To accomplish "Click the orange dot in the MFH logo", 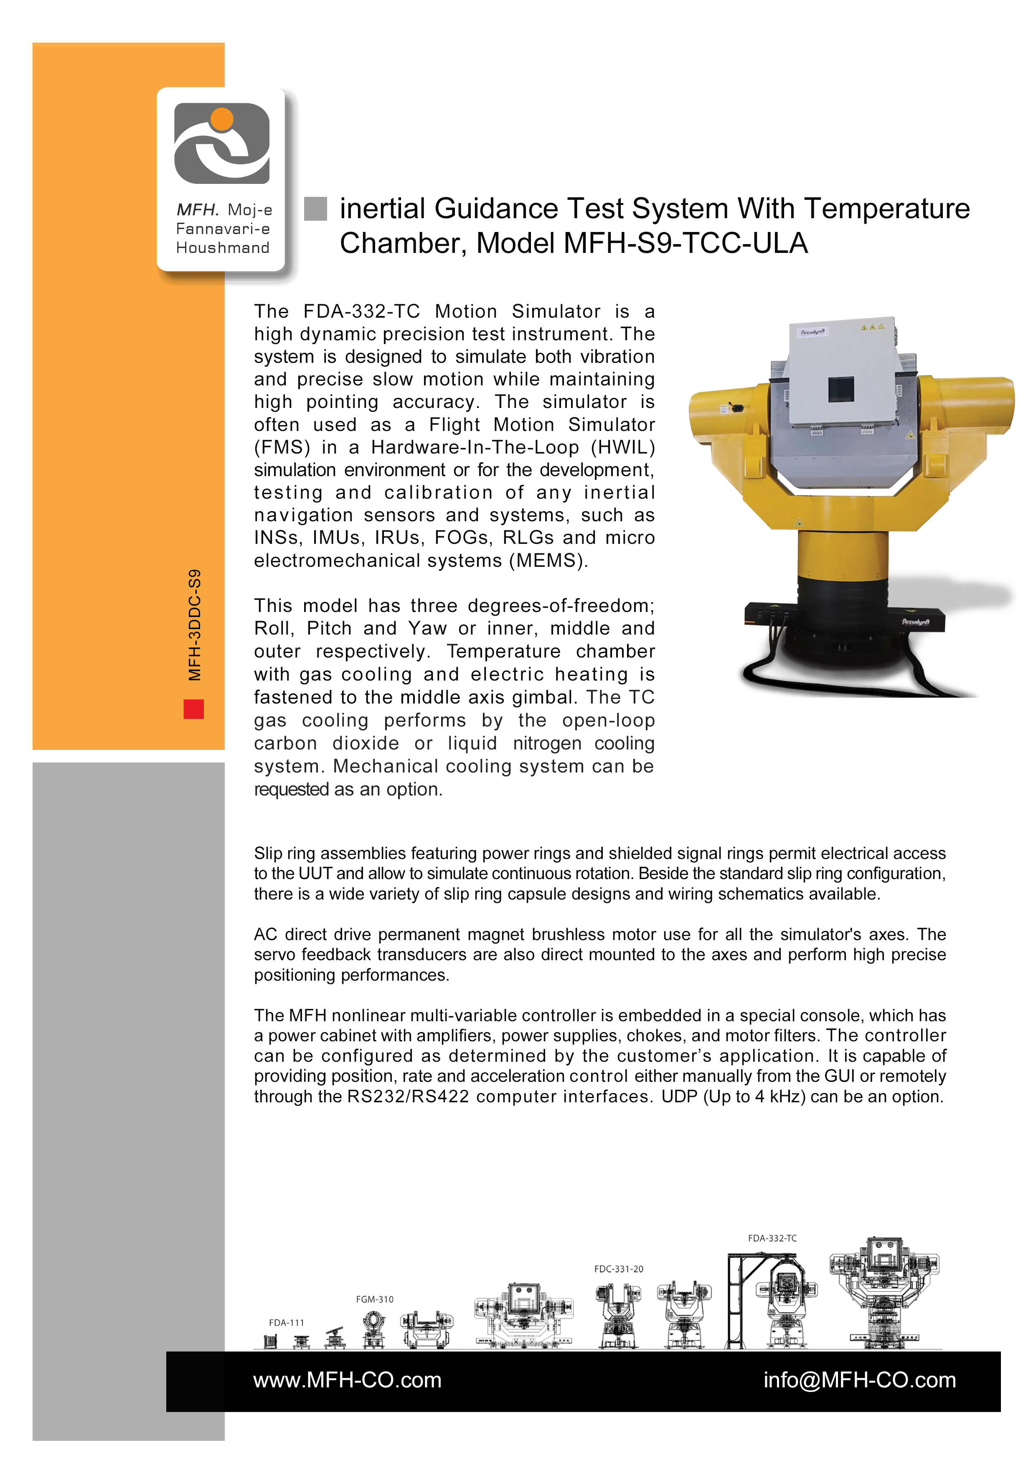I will [x=222, y=119].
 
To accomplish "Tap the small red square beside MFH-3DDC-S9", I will [x=193, y=709].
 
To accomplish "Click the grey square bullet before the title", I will [x=315, y=208].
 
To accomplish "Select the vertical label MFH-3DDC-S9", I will [x=195, y=625].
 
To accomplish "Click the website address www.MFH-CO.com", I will [x=347, y=1380].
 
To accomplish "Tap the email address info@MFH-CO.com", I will [x=859, y=1380].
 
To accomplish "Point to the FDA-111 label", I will [x=286, y=1322].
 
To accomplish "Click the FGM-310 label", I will [x=375, y=1299].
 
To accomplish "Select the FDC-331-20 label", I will [x=618, y=1269].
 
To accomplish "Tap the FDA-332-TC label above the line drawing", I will [x=772, y=1238].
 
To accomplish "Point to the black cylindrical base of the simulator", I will [x=841, y=619].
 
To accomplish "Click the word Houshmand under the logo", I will [x=222, y=248].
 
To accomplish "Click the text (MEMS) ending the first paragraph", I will [x=548, y=561].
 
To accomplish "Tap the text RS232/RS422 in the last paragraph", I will [x=408, y=1096].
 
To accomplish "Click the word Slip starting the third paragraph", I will [x=268, y=854].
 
